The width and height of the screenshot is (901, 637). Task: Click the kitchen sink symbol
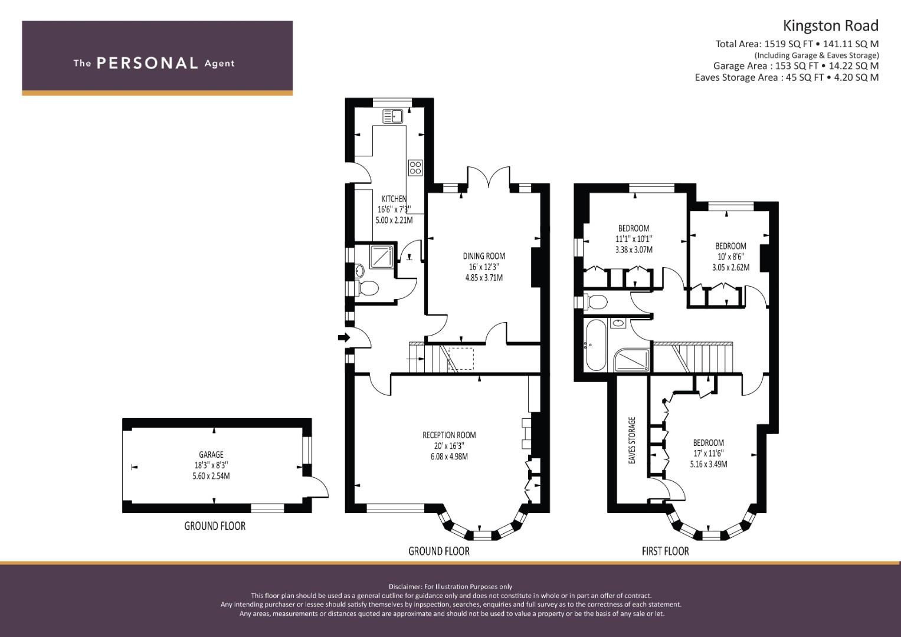tap(393, 116)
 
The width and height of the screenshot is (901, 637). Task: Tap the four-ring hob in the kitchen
tap(415, 168)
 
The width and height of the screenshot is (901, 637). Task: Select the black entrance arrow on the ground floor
tap(344, 337)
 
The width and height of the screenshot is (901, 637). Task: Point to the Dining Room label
tap(484, 256)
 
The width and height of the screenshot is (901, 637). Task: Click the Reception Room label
tap(449, 435)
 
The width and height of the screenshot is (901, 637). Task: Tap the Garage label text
tap(211, 454)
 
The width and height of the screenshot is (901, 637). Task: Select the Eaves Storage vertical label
tap(632, 441)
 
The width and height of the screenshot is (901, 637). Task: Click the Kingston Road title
tap(830, 26)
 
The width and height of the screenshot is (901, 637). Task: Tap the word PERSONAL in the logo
tap(148, 63)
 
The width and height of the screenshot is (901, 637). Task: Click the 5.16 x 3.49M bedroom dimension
tap(708, 464)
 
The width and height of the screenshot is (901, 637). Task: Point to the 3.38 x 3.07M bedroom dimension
tap(634, 249)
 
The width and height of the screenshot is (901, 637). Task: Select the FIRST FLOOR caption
tap(666, 551)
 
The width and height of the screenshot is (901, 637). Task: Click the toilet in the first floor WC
tap(595, 301)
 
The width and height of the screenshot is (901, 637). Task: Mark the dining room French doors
tap(489, 178)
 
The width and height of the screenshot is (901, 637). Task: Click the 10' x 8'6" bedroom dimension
tap(730, 257)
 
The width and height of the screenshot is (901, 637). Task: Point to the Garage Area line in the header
tap(796, 66)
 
